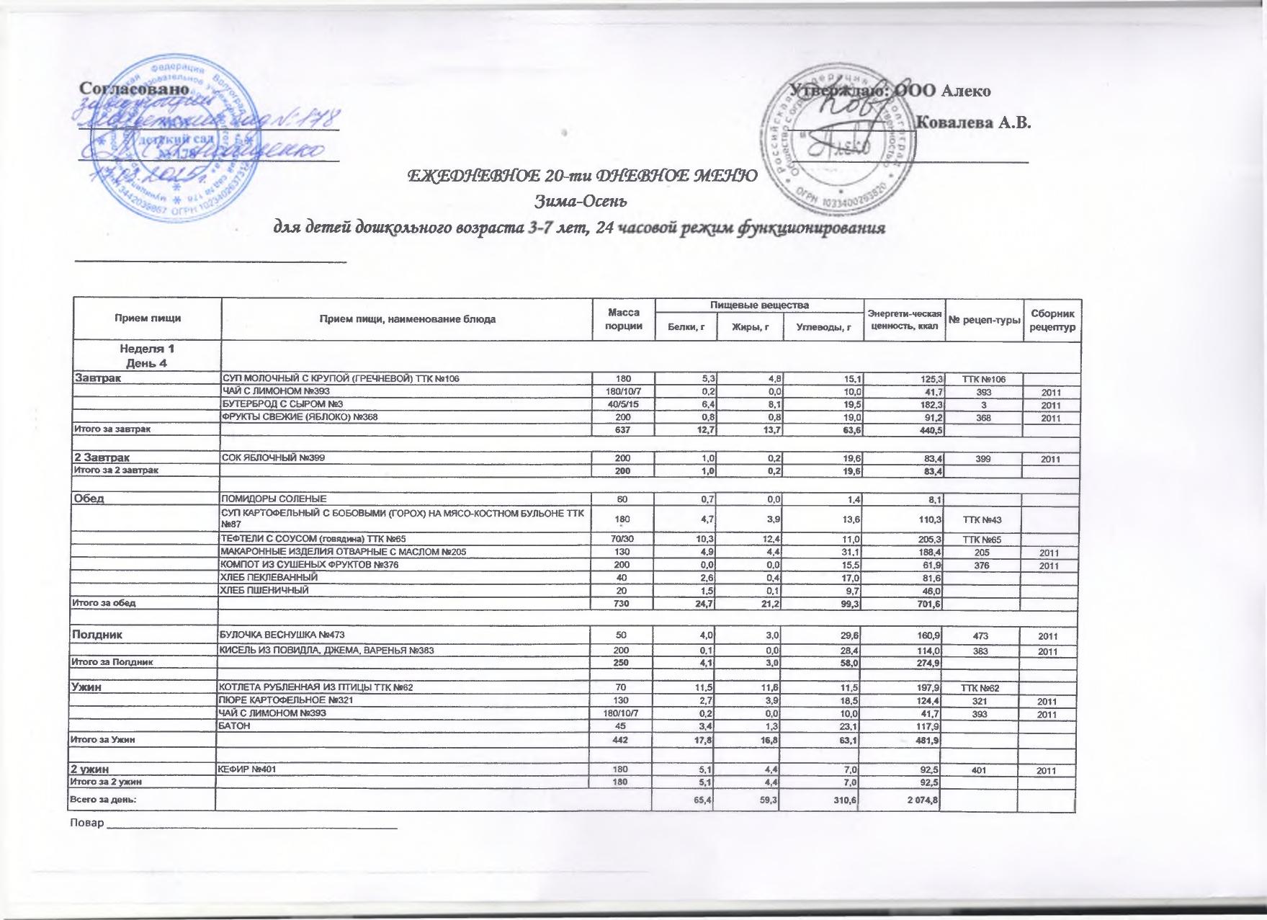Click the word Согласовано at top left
click(135, 89)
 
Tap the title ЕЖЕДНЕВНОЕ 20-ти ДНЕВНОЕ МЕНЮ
click(582, 175)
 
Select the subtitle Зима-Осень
click(582, 199)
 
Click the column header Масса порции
click(624, 319)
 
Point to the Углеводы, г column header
click(823, 328)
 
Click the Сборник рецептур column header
click(1052, 319)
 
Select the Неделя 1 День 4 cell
click(147, 356)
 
